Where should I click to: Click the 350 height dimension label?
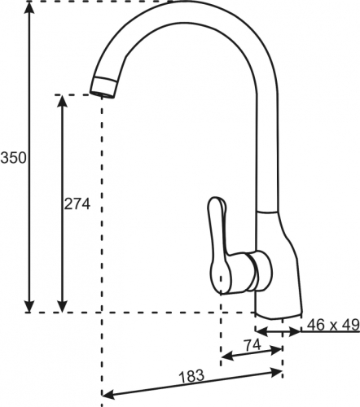(14, 158)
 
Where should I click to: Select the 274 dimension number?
(77, 204)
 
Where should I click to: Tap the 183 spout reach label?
(191, 376)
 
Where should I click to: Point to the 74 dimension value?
(252, 345)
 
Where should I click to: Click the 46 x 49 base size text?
(333, 325)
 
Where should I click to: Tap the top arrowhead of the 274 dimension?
(63, 102)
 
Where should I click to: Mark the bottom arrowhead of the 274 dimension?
(63, 306)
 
